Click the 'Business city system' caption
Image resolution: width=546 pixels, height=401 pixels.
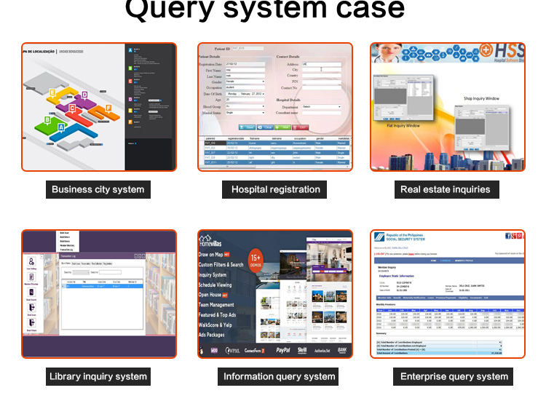pyautogui.click(x=98, y=189)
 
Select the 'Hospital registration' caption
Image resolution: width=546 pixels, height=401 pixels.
pyautogui.click(x=275, y=189)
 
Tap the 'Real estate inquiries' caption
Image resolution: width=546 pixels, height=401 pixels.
pyautogui.click(x=445, y=189)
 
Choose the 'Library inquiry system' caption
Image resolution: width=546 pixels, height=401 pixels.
pyautogui.click(x=98, y=376)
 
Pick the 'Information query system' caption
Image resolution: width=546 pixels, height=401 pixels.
pyautogui.click(x=279, y=376)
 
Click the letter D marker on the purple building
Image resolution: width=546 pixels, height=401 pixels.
pyautogui.click(x=84, y=95)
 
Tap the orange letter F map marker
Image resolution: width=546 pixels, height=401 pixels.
pyautogui.click(x=108, y=108)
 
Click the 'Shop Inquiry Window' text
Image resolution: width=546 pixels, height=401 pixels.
pyautogui.click(x=481, y=98)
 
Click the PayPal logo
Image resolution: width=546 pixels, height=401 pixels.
pyautogui.click(x=282, y=350)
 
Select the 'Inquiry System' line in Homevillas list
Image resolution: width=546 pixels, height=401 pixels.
pyautogui.click(x=213, y=275)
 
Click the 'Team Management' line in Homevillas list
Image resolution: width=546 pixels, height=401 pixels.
pyautogui.click(x=216, y=305)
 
